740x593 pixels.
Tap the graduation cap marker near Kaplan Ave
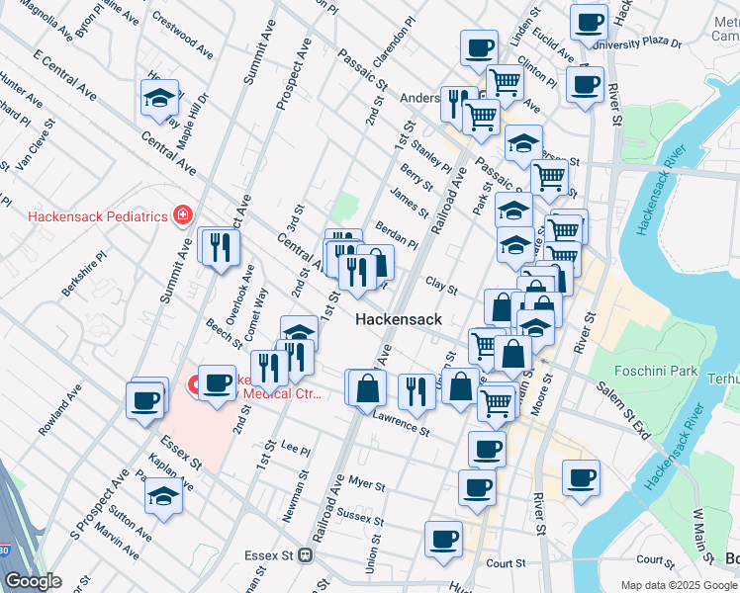[163, 497]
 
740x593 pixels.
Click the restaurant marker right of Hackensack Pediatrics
[219, 246]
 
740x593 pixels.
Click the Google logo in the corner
[33, 581]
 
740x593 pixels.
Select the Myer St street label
[366, 483]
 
